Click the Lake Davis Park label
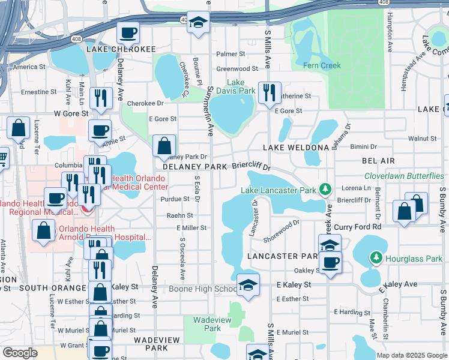coord(241,86)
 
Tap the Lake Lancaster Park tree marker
coord(325,190)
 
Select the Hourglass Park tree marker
coord(376,259)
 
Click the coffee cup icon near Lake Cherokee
coord(127,32)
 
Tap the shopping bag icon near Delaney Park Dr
coord(164,145)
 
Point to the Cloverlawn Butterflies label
coord(404,176)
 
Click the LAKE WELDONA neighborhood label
coord(296,147)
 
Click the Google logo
coord(20,352)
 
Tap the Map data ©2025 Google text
coord(411,355)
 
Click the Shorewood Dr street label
coord(282,231)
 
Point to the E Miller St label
coord(191,228)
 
